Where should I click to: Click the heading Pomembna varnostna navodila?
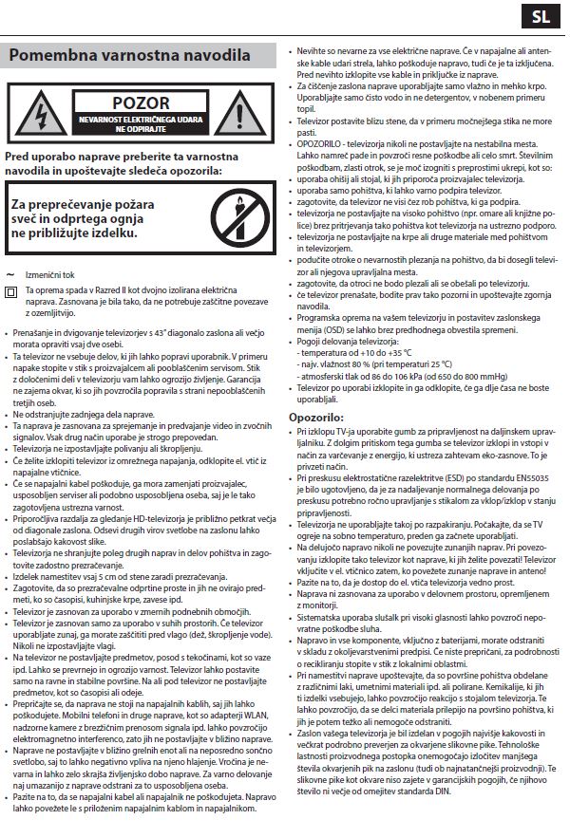point(129,55)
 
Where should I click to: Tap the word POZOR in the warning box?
point(140,102)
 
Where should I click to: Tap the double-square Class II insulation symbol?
point(11,291)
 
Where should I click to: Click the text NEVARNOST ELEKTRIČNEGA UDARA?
point(140,120)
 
